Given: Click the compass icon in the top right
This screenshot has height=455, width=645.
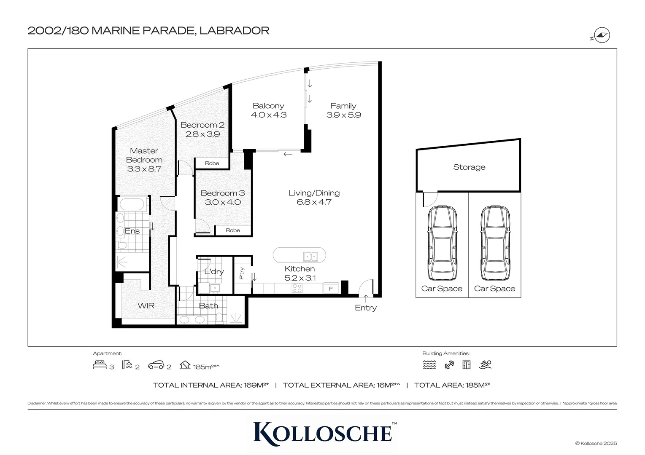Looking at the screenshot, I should tap(602, 35).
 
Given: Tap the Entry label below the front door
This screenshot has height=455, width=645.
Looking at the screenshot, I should tap(365, 308).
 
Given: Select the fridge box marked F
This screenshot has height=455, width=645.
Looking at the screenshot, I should tap(331, 289).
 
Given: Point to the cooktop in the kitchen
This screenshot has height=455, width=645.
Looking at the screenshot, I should tap(297, 288).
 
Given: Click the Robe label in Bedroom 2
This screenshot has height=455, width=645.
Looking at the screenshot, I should tap(212, 163).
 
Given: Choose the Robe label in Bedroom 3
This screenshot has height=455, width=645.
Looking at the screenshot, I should tap(233, 230).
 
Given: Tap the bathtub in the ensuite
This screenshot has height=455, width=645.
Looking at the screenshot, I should tap(132, 205).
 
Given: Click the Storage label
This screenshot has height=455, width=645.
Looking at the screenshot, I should tap(469, 167).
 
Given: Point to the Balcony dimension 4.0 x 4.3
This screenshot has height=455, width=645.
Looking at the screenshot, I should tap(269, 115).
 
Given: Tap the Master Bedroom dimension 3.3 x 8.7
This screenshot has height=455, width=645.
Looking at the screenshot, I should tap(144, 169).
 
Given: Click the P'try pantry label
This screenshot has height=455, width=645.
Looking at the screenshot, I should tap(242, 273).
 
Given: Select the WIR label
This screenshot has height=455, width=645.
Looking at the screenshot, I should tap(146, 306).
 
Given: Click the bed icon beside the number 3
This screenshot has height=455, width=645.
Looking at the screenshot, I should tap(100, 365).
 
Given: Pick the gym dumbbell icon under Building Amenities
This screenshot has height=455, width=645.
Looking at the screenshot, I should tap(449, 365).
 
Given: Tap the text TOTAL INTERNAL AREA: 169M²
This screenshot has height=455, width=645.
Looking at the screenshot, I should tap(211, 385).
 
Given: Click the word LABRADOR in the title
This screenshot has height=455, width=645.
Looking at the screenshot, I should tap(234, 30).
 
